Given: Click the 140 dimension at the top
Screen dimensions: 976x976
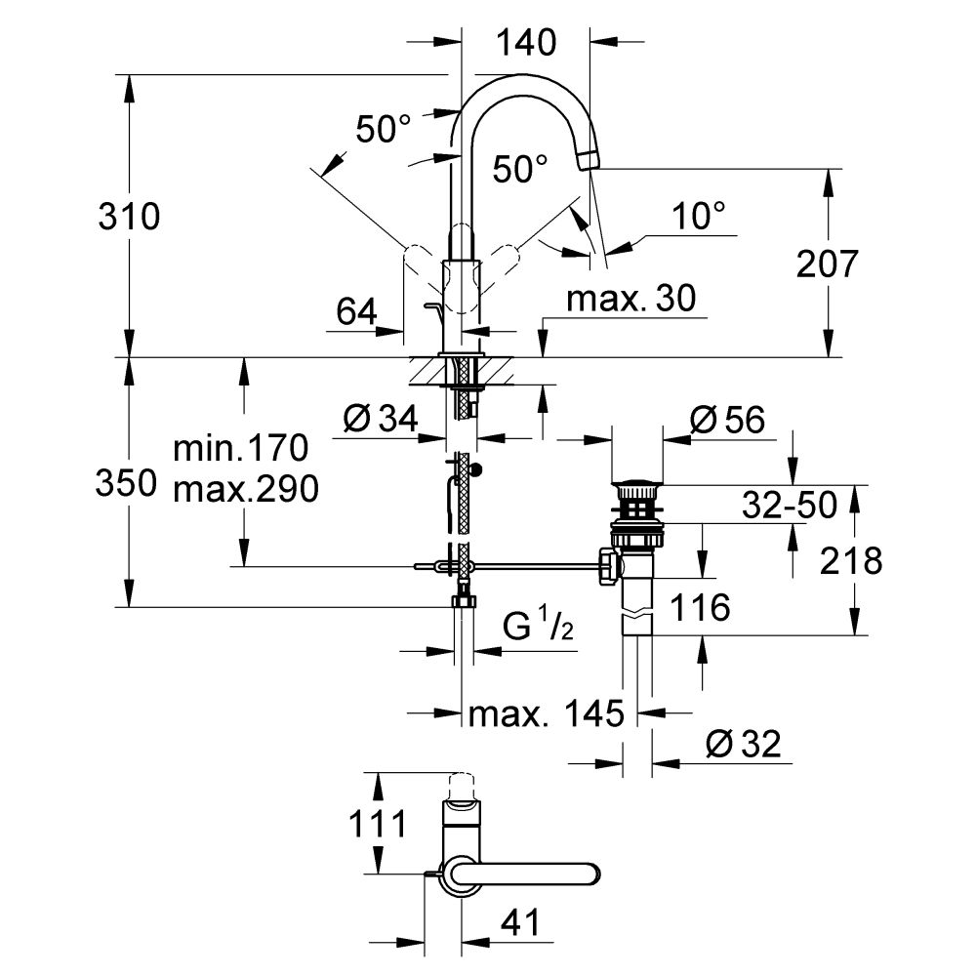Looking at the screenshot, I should click(525, 42).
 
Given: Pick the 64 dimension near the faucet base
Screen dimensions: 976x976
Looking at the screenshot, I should click(357, 312).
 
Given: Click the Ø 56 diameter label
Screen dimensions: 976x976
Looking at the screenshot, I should click(727, 420).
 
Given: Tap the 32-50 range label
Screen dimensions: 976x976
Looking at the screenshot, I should click(788, 505).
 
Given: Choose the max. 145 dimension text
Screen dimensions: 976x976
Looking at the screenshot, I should click(545, 714).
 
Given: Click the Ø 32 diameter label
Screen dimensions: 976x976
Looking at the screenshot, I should click(742, 746).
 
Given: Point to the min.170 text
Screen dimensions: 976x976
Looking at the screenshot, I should click(240, 449).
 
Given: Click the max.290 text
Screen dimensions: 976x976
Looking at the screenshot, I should click(244, 490).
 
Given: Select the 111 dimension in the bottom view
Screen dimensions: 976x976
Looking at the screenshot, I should click(377, 826).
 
